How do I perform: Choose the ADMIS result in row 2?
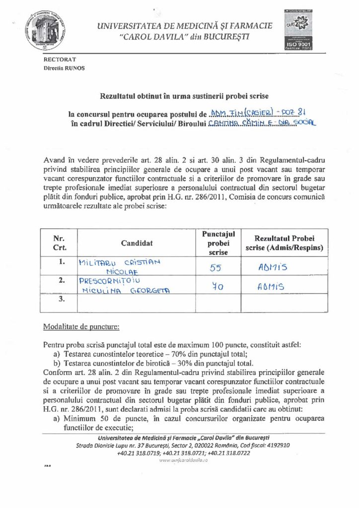(270, 287)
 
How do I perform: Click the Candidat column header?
(136, 243)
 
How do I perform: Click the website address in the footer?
(183, 460)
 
